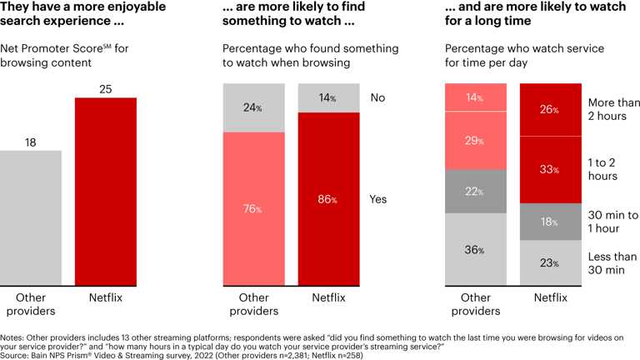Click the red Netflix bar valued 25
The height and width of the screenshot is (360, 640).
coord(106,191)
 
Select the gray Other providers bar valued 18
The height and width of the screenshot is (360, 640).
coord(31,217)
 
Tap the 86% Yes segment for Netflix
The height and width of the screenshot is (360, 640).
coord(328,199)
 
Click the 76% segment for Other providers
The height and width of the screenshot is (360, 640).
coord(253,208)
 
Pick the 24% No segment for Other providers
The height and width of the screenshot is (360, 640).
coord(253,107)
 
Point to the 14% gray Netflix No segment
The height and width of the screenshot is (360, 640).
coord(328,97)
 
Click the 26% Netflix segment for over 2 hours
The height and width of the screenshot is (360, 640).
coord(550,109)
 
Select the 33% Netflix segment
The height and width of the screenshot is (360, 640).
coord(550,169)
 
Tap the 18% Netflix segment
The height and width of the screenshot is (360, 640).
coord(550,222)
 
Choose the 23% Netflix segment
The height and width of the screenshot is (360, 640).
coord(550,262)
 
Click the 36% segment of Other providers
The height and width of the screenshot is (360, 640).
coord(476,249)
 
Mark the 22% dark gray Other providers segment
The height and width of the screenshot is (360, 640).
coord(476,192)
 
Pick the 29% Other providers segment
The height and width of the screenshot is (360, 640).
coord(476,140)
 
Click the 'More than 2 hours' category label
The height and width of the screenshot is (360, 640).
coord(614,109)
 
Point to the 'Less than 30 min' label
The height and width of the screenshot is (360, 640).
coord(612,263)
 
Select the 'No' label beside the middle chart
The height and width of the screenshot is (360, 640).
coord(377,97)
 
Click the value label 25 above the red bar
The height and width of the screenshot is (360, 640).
coord(106,87)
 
